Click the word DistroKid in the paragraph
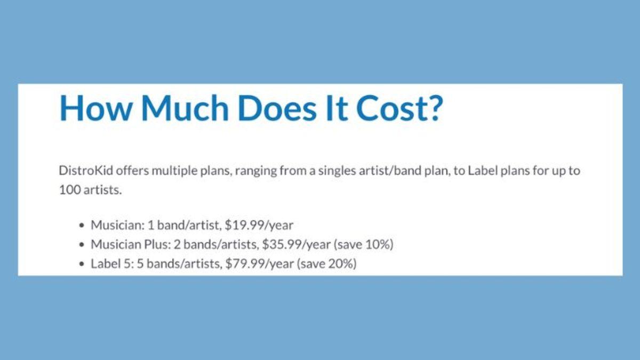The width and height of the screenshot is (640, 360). (x=86, y=171)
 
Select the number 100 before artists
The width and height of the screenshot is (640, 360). (x=69, y=190)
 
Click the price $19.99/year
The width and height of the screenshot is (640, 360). (x=259, y=226)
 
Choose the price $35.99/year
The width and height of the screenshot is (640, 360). (x=297, y=245)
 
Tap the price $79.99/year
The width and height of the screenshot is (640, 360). (x=259, y=263)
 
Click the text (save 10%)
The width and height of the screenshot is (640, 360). (x=364, y=245)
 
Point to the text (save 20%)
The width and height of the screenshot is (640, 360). (x=327, y=263)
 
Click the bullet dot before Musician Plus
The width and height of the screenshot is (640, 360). (x=82, y=245)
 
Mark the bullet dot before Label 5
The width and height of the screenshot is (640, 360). (x=82, y=264)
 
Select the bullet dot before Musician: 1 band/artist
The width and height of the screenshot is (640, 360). (x=82, y=226)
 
